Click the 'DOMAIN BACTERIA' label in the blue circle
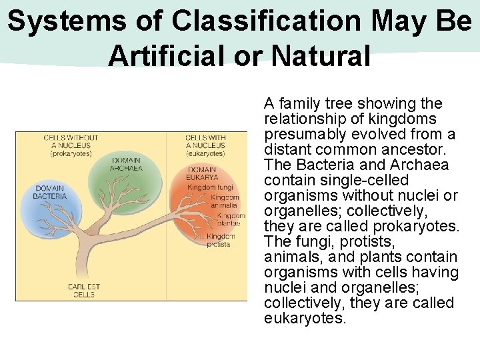click(x=51, y=193)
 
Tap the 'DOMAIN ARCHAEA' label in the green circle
click(x=126, y=164)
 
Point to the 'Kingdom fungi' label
click(x=210, y=188)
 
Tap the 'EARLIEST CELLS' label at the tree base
click(x=84, y=290)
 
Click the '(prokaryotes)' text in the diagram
click(x=71, y=154)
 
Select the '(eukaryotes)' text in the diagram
click(x=205, y=154)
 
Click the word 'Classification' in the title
click(x=265, y=21)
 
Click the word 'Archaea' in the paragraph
click(x=421, y=165)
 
